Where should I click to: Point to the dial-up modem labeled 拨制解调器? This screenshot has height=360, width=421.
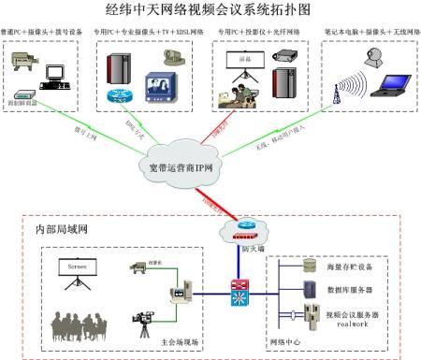pos(30,94)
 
